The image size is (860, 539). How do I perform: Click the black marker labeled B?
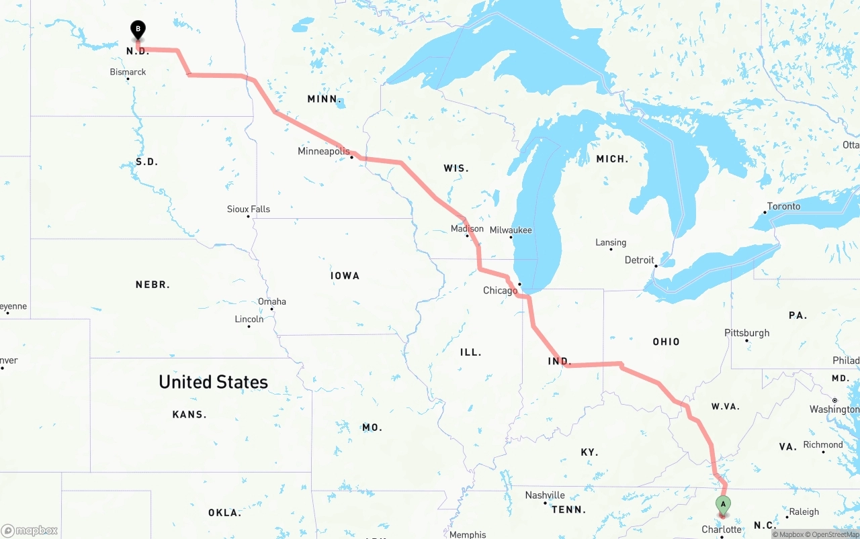[138, 30]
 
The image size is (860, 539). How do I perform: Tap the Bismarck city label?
[128, 72]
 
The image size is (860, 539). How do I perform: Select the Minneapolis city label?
[323, 151]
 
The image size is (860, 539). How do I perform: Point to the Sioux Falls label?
[249, 209]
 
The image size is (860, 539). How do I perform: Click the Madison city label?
[467, 229]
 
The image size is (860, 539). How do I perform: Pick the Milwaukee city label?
[511, 230]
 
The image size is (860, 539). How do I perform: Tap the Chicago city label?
[501, 291]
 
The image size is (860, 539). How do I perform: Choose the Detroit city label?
[639, 260]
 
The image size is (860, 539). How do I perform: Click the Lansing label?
[611, 242]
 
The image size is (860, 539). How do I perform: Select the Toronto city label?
[783, 206]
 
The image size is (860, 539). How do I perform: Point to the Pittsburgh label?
[746, 333]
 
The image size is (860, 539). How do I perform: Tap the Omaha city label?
[272, 301]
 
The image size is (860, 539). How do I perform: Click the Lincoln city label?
[249, 319]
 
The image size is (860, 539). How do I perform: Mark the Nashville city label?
[545, 495]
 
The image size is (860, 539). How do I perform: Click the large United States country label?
[213, 382]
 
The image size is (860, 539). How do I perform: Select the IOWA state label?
[345, 276]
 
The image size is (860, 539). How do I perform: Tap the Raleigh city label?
[804, 511]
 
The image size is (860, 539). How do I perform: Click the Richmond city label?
[822, 444]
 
